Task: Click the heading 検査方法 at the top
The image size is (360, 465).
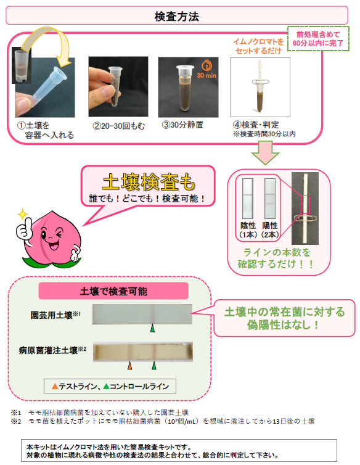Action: [x=177, y=16]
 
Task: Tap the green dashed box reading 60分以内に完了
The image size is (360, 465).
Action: [x=318, y=39]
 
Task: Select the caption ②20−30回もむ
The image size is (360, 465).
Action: [x=118, y=126]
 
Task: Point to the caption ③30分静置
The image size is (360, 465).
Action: [x=182, y=125]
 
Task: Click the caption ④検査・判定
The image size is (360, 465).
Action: [x=256, y=125]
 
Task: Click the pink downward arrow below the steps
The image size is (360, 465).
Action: [x=265, y=153]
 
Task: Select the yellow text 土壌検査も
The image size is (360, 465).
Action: [x=149, y=182]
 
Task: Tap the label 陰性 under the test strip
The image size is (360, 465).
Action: [x=248, y=225]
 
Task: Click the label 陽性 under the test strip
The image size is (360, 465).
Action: [x=270, y=225]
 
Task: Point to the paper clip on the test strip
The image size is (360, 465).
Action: [x=305, y=219]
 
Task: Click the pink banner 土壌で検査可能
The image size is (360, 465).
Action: [x=113, y=291]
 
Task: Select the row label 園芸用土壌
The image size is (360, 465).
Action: [x=51, y=315]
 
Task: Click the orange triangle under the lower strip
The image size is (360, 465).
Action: [x=129, y=365]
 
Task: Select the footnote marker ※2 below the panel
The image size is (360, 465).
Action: [x=16, y=421]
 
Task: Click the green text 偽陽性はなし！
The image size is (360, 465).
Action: [x=284, y=325]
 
